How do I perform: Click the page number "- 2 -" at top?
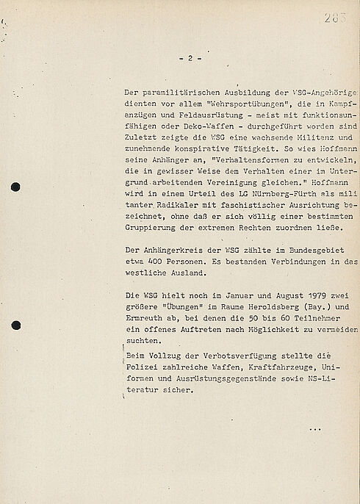pos(189,58)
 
